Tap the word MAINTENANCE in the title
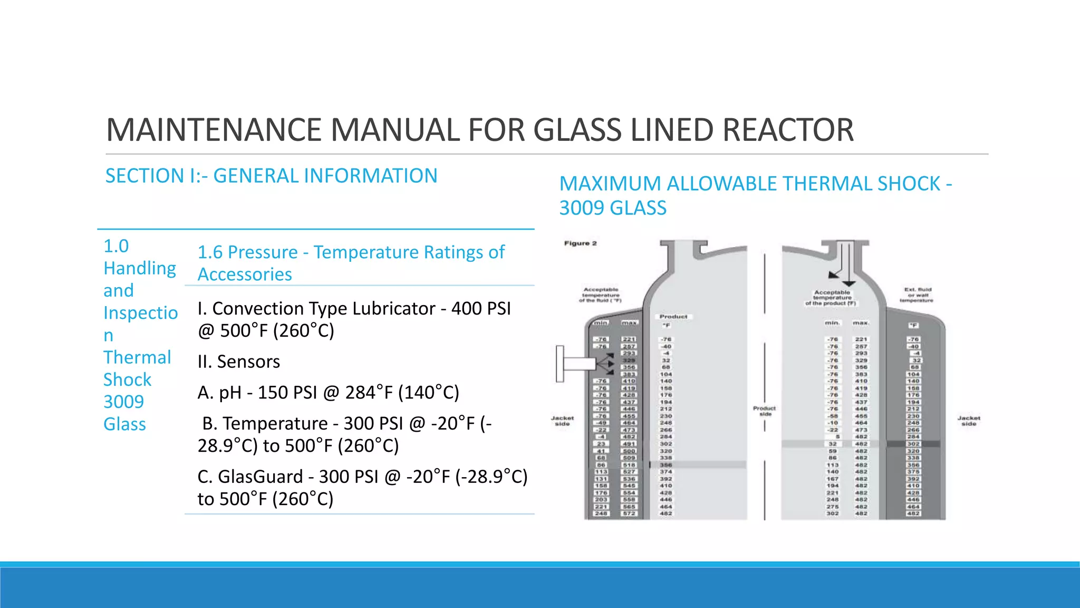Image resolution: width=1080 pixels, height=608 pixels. click(215, 130)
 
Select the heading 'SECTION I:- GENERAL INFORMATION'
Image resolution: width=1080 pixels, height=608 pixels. click(271, 176)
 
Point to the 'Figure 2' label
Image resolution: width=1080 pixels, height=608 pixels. click(580, 243)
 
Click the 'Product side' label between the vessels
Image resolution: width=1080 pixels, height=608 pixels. click(764, 411)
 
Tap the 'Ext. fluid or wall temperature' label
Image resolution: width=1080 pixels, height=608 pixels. click(918, 294)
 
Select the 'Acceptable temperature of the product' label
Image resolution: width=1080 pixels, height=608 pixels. click(832, 298)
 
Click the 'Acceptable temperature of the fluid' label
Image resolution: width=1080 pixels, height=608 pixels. click(601, 295)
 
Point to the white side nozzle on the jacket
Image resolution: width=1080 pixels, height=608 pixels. click(576, 364)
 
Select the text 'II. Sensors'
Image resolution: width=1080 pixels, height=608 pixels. click(238, 362)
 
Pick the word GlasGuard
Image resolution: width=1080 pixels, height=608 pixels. click(260, 477)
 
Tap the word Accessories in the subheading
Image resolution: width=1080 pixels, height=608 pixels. click(245, 274)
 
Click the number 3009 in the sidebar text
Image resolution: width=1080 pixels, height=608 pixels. click(123, 402)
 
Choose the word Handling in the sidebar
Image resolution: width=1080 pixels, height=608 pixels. click(140, 268)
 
